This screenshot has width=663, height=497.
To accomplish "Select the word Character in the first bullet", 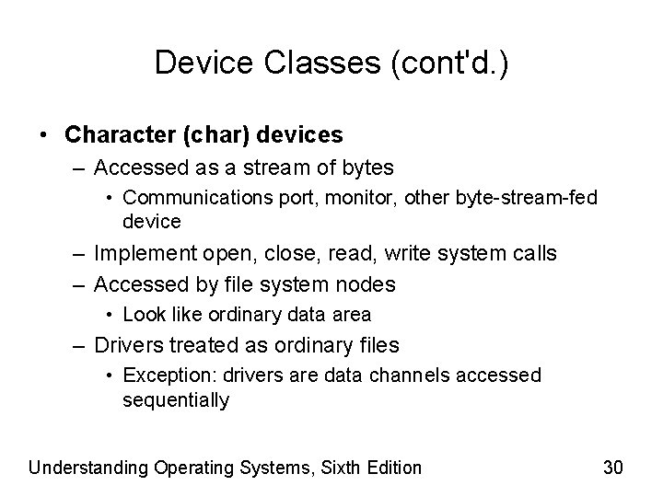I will point(116,134).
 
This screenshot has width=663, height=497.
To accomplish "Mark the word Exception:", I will point(164,375).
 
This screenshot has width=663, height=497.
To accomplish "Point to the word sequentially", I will point(175,400).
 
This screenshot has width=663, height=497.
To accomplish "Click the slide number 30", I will point(613,468).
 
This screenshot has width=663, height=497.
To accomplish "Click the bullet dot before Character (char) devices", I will point(44,134).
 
